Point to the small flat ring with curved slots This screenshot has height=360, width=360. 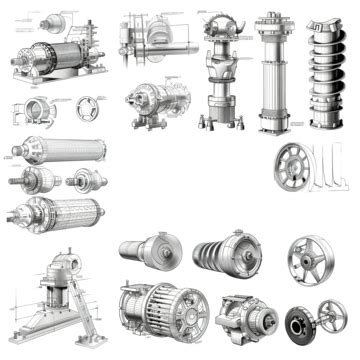[x=89, y=109]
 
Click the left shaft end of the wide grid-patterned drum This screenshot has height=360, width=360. [x=14, y=212]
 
